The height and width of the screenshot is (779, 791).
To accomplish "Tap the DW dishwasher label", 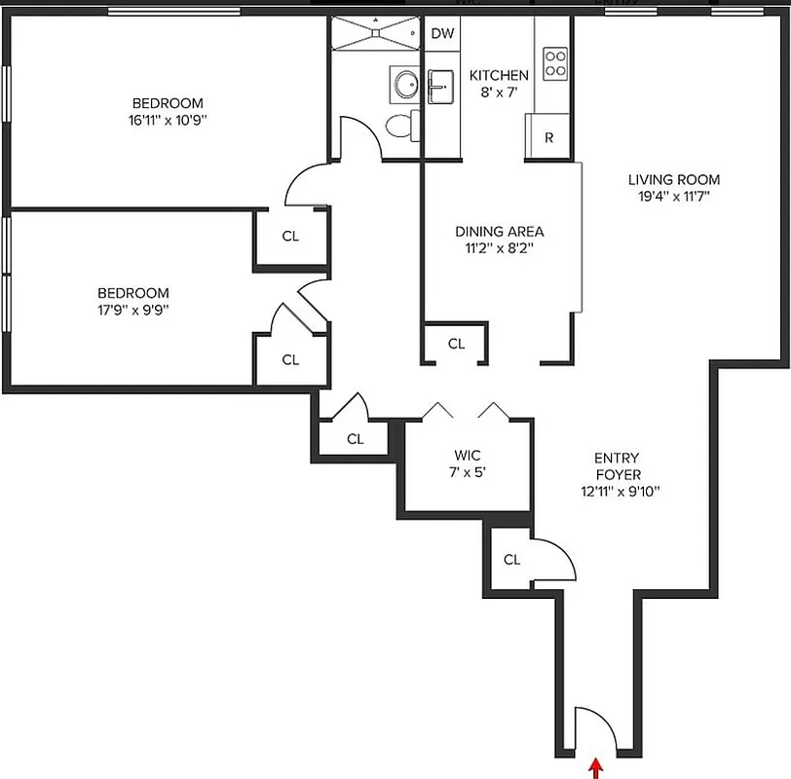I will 442,33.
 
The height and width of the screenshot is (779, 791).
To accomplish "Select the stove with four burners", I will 555,63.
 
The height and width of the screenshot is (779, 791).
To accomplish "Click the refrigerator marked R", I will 548,137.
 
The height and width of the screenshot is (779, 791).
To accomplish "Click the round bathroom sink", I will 402,84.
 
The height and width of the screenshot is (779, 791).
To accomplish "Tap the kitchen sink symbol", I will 441,87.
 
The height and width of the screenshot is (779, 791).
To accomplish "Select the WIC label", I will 468,455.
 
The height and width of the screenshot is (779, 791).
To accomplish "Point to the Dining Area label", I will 499,232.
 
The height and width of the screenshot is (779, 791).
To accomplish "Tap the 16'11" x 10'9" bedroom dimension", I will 168,121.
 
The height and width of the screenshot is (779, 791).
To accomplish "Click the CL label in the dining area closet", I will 456,344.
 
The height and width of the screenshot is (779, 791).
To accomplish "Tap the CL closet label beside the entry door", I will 511,560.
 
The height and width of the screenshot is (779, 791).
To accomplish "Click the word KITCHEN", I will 499,75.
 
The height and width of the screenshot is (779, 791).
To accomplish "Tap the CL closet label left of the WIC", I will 355,439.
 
